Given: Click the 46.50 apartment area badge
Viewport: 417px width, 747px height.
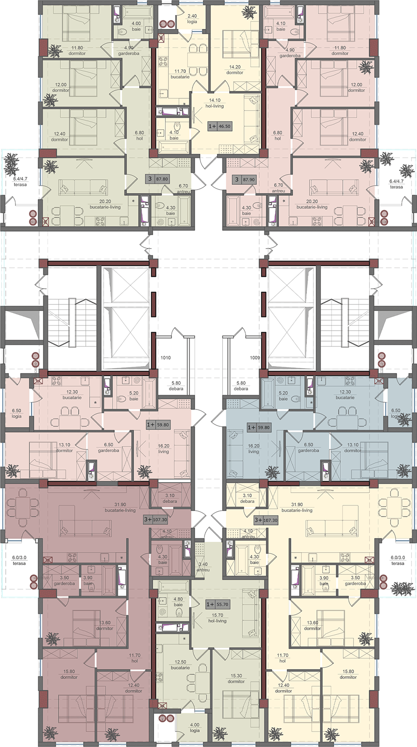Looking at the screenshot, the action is point(219,127).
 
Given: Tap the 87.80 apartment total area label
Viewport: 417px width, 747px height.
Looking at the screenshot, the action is point(157,179).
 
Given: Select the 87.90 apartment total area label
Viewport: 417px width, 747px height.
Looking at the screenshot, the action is point(245,179).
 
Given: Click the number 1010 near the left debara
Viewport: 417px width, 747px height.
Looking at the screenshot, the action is point(165,358).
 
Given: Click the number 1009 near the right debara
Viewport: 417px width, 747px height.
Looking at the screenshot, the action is point(255,358).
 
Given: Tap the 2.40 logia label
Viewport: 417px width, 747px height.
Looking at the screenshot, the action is point(192,19).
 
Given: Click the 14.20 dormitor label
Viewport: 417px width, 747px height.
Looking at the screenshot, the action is point(234,70).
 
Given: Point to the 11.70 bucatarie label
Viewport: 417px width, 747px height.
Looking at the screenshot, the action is point(180,74).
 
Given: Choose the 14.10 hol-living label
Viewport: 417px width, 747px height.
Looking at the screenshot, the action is point(215,103).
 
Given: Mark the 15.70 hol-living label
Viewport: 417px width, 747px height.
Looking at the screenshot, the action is point(217,618).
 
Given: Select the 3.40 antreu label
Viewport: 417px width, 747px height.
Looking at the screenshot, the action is point(203,567).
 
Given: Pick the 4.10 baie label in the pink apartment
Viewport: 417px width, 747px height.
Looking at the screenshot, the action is point(281,26).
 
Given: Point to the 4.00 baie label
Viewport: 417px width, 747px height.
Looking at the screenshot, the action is point(136,26).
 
